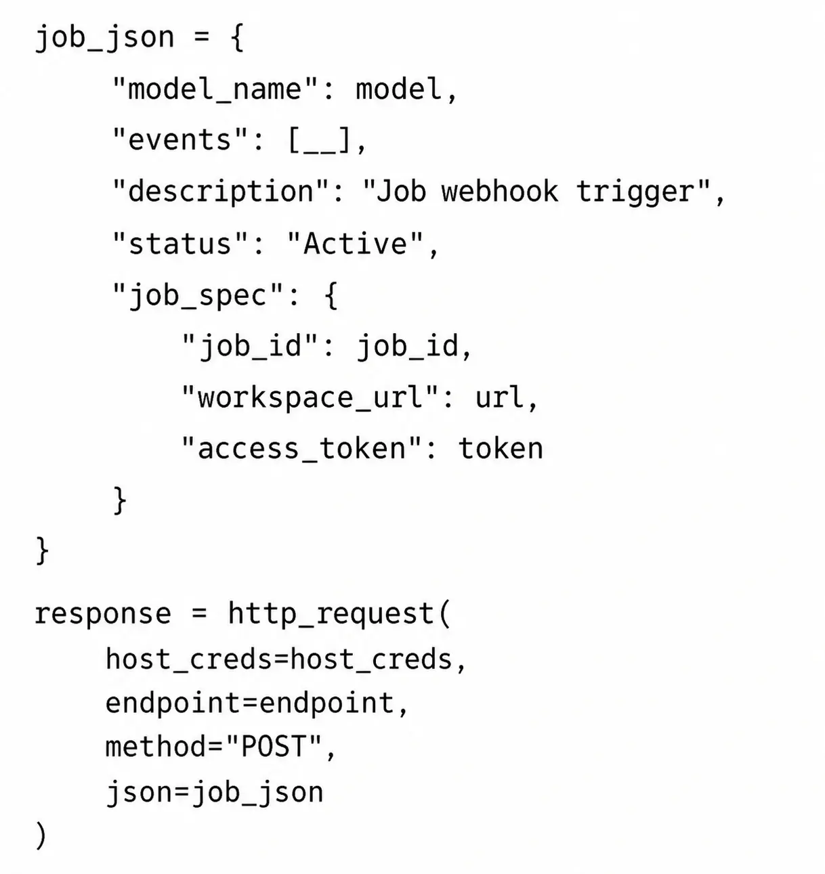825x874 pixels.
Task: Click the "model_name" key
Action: [215, 89]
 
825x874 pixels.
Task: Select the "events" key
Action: [179, 140]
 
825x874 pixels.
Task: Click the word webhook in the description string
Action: [500, 192]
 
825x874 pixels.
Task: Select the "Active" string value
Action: [355, 243]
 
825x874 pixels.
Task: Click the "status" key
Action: [179, 243]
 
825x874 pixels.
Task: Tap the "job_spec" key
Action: [197, 296]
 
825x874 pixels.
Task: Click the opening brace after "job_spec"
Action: [332, 295]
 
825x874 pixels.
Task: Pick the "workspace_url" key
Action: [310, 397]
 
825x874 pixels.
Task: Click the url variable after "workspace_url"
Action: [499, 397]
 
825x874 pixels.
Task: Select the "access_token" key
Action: [301, 448]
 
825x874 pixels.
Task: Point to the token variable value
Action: [501, 448]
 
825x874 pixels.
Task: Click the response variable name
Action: [103, 614]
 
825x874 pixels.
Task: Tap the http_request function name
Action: [331, 614]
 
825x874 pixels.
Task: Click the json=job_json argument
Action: [215, 793]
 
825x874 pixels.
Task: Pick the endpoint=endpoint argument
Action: [250, 703]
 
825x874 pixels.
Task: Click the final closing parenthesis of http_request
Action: [41, 835]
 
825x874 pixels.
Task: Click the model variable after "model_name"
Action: [399, 89]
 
